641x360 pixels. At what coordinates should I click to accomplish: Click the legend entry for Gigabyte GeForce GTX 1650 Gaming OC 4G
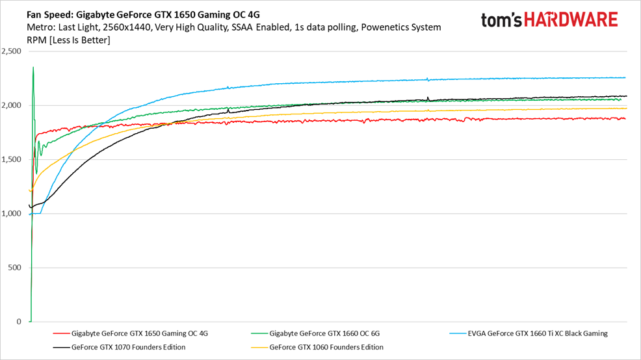(139, 333)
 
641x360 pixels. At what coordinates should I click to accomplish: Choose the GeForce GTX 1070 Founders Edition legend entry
(128, 347)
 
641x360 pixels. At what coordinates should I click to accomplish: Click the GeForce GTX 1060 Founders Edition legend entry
(326, 347)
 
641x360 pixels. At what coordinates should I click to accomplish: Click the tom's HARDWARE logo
(549, 19)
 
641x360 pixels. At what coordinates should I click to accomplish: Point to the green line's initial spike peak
(33, 67)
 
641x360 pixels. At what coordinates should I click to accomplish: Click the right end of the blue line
(625, 77)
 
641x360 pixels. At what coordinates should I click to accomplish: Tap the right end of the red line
(625, 118)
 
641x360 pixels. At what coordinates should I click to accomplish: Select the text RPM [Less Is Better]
(68, 40)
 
